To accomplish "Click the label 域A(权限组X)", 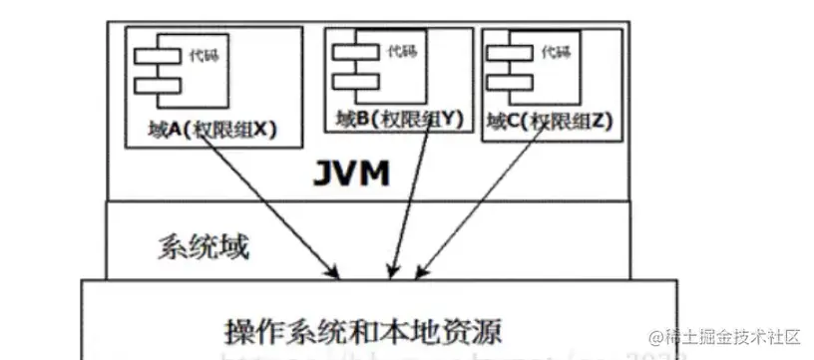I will [x=206, y=130].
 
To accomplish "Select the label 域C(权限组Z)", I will [x=550, y=123].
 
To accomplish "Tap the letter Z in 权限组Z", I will [x=603, y=123].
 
